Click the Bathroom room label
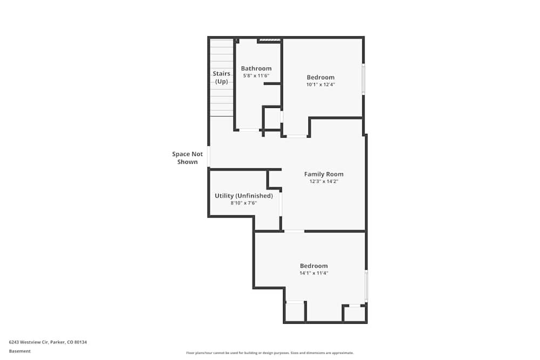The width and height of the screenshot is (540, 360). coord(256,69)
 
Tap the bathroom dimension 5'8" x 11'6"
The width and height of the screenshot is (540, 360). coord(256,76)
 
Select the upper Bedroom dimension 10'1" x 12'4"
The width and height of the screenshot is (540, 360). coord(321,85)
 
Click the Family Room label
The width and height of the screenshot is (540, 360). coord(323,174)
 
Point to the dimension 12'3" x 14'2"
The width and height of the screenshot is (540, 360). coord(323,182)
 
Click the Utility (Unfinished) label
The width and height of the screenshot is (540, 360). coord(244,195)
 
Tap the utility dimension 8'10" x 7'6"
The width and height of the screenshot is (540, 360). coord(244,203)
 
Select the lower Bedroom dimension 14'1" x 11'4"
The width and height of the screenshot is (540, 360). coord(314,273)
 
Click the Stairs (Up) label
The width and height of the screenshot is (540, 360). coord(221,77)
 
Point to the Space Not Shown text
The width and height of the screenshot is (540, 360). coord(187,158)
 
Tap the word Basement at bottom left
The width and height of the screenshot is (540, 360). coord(19,351)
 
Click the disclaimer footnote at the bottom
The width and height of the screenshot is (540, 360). coord(270,353)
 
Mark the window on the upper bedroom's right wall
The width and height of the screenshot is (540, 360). coord(363,79)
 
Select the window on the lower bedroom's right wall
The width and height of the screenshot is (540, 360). coord(366,286)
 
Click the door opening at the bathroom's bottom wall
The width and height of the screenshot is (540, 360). coord(249,130)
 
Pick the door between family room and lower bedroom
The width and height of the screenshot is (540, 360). coord(294,232)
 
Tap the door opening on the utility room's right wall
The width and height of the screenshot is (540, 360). coord(281,204)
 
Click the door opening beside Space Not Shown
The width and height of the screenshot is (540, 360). coord(209,157)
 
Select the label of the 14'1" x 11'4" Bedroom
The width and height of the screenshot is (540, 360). coord(314,266)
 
